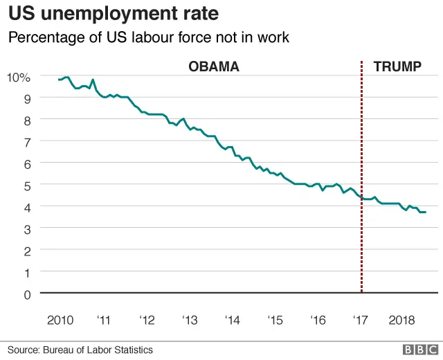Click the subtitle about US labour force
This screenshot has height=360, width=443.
pyautogui.click(x=148, y=38)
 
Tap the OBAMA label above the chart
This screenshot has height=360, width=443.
pyautogui.click(x=214, y=66)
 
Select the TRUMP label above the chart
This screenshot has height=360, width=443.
pyautogui.click(x=397, y=66)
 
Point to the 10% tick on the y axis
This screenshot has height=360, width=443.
pyautogui.click(x=19, y=77)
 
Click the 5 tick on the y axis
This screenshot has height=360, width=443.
pyautogui.click(x=26, y=186)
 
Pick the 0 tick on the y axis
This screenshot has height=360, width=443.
pyautogui.click(x=26, y=294)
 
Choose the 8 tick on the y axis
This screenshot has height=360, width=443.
pyautogui.click(x=26, y=120)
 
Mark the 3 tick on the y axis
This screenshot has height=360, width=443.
pyautogui.click(x=26, y=229)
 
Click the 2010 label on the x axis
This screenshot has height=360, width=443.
pyautogui.click(x=60, y=321)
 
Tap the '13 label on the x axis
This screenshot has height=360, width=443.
pyautogui.click(x=189, y=321)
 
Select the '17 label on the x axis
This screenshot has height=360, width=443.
pyautogui.click(x=361, y=321)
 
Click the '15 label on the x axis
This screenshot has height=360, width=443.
pyautogui.click(x=275, y=321)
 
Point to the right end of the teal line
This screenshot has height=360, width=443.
pyautogui.click(x=425, y=212)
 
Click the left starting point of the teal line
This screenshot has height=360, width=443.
pyautogui.click(x=59, y=80)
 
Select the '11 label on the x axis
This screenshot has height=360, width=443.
pyautogui.click(x=103, y=321)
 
